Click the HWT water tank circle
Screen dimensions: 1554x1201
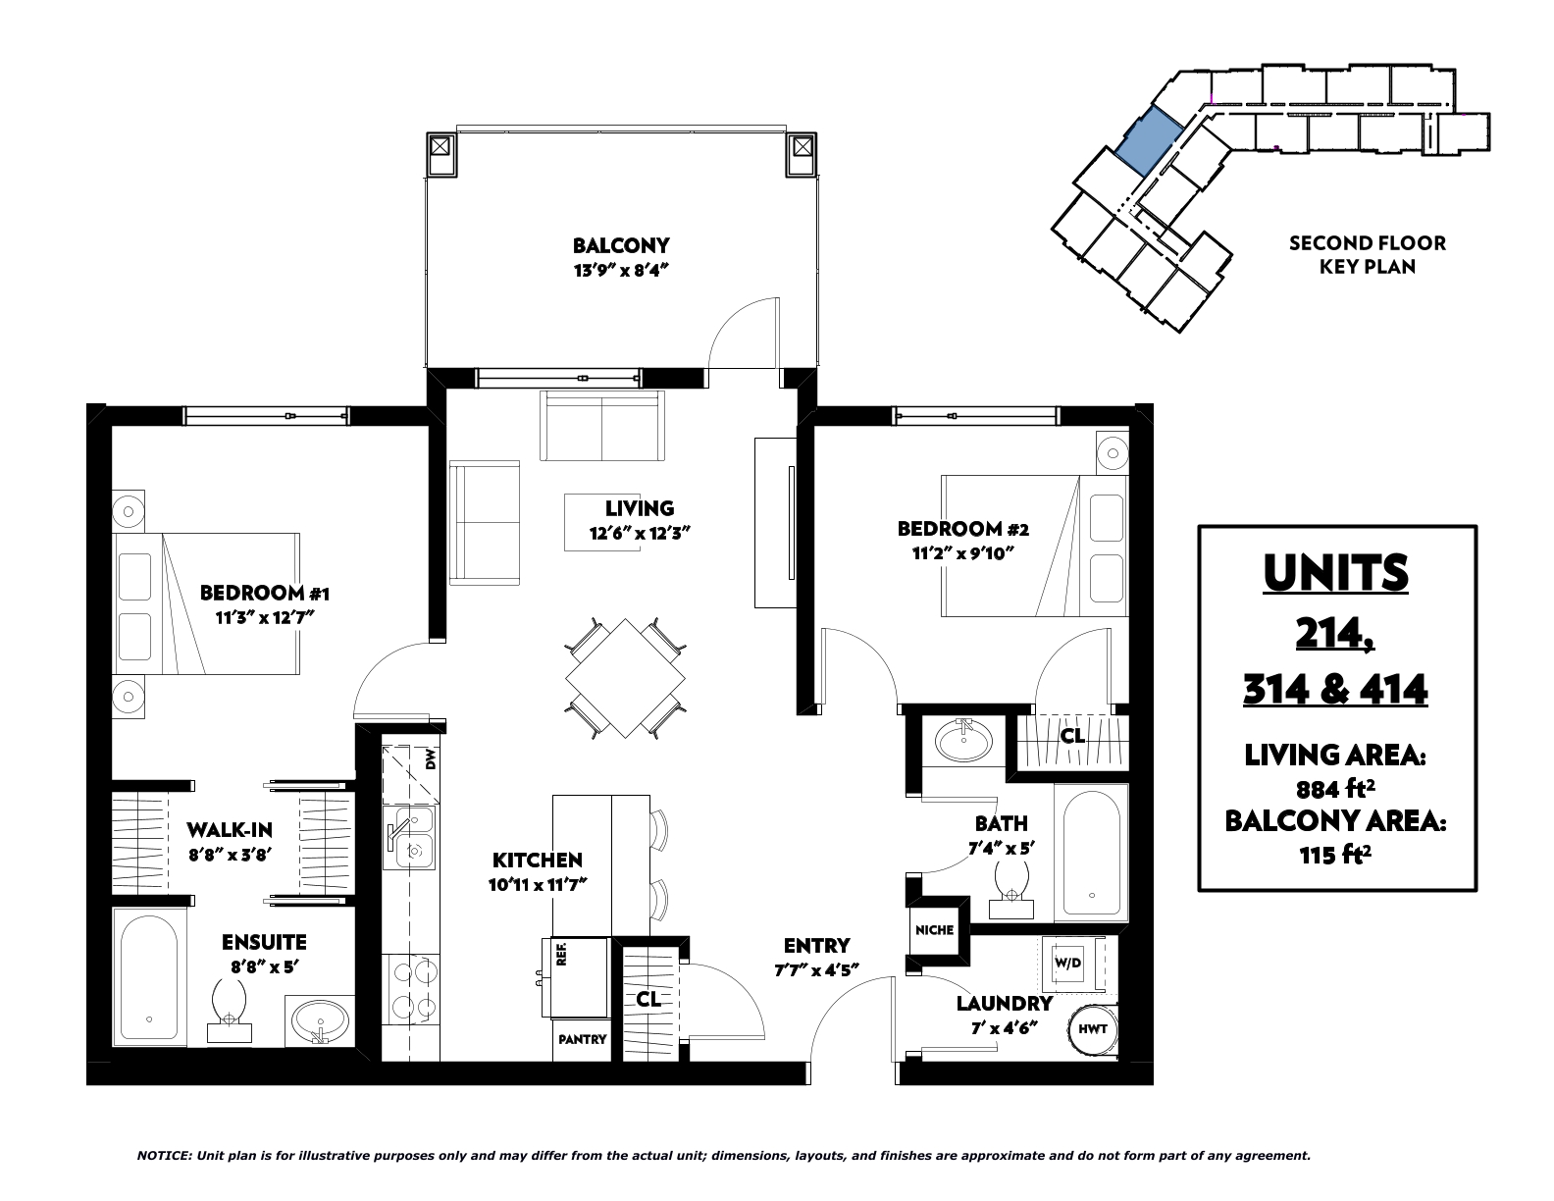click(x=1093, y=1029)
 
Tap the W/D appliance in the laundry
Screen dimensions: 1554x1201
click(x=1067, y=963)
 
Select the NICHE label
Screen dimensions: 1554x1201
click(x=935, y=930)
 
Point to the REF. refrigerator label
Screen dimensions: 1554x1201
click(x=561, y=954)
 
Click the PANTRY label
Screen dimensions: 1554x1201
click(x=582, y=1039)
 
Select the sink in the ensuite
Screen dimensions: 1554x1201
click(x=321, y=1020)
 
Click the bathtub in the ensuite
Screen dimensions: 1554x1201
click(x=149, y=977)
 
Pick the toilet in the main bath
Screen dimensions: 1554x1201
click(x=1011, y=888)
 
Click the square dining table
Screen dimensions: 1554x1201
click(x=625, y=678)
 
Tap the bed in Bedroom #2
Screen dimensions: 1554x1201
click(x=1034, y=546)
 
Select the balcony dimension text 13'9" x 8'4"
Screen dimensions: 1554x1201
click(x=621, y=271)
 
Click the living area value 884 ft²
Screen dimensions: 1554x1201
click(x=1336, y=789)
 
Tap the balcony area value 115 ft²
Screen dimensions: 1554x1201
click(x=1336, y=855)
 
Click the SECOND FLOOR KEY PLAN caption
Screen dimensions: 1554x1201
click(x=1368, y=255)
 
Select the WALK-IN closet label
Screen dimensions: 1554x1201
click(x=230, y=830)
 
